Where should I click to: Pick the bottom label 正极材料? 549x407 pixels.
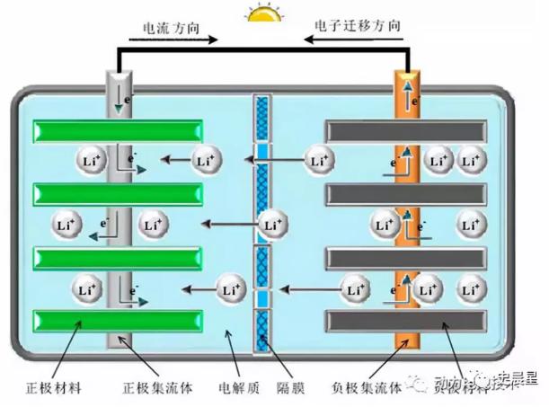(x=55, y=388)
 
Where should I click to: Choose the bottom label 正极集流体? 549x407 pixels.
(x=152, y=388)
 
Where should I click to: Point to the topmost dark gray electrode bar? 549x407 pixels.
(x=406, y=130)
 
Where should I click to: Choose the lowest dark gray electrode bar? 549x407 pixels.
(x=406, y=322)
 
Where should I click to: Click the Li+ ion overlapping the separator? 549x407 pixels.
(x=272, y=225)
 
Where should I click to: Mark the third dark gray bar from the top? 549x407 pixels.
(x=406, y=258)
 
